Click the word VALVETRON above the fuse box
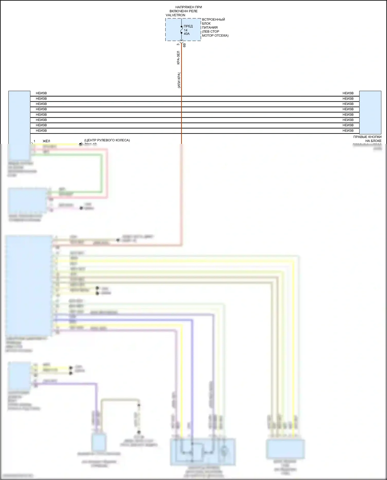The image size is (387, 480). coord(175,15)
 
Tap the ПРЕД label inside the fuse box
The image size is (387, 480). coord(188,26)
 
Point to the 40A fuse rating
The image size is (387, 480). coord(187,34)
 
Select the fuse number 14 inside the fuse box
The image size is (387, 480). coord(186,30)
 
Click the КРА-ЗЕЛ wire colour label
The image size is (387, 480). coord(178,58)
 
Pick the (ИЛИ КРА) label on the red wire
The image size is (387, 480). coord(179,80)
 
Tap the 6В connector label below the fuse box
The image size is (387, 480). coord(184,45)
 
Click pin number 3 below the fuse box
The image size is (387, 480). coord(178,44)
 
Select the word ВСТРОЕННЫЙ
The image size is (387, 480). coord(213,20)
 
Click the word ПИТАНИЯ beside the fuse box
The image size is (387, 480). coord(210,28)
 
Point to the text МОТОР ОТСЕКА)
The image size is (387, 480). coord(215,36)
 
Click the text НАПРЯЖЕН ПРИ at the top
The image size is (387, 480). coord(189,7)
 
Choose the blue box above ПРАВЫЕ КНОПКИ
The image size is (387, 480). coord(370,112)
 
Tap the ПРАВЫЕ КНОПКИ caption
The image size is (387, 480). coord(367,137)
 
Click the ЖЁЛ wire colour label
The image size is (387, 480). coord(46,141)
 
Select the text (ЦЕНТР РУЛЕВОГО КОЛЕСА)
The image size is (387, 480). coord(107,140)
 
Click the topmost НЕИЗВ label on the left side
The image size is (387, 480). coord(41,93)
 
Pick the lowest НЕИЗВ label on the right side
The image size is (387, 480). coord(348,131)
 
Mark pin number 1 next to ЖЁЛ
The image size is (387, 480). coord(34,141)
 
